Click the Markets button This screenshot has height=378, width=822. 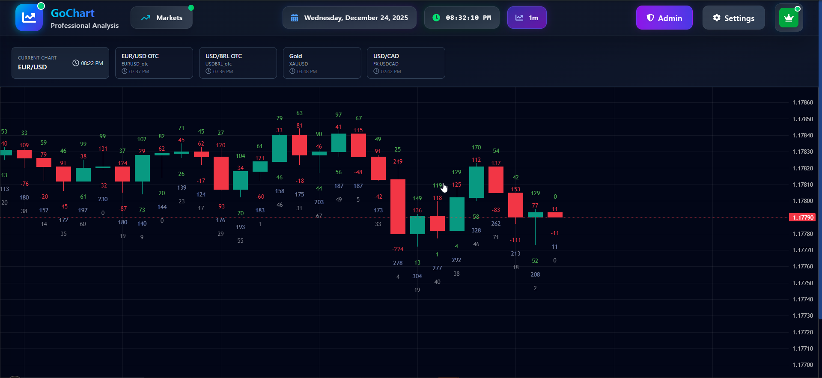point(161,18)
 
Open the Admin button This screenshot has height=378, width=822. point(664,18)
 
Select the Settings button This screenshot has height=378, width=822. point(733,18)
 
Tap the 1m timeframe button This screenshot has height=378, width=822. point(527,18)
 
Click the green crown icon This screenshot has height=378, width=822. point(789,18)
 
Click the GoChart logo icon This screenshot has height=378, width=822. point(29,18)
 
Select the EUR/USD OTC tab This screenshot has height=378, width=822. point(154,63)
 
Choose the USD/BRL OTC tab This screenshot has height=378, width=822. point(238,63)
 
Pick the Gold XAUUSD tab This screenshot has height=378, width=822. point(322,63)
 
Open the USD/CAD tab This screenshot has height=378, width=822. point(405,63)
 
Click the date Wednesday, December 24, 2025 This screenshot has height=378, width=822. point(349,18)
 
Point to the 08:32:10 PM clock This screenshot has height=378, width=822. point(462,18)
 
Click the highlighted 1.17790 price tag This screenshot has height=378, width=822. point(802,217)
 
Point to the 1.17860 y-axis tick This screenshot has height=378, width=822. point(803,103)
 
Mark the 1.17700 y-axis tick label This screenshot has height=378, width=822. point(803,365)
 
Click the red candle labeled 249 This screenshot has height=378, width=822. point(398,206)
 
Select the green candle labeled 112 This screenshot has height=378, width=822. point(477,182)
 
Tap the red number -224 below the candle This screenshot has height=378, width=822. point(398,249)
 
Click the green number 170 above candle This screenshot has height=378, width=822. point(476,147)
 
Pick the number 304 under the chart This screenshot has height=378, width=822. point(417,276)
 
